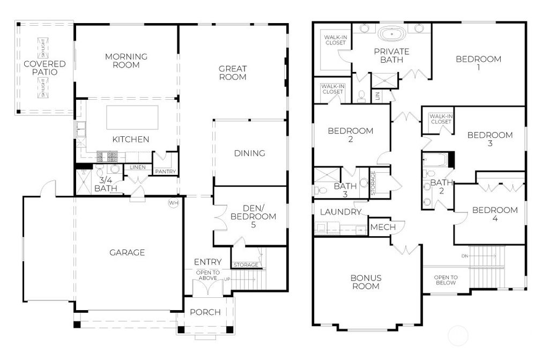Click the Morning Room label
tap(126, 61)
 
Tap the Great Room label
tap(233, 72)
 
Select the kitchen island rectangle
tap(132, 117)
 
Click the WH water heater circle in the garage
tap(173, 203)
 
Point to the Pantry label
tap(165, 172)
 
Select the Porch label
tap(205, 312)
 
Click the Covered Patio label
tap(44, 68)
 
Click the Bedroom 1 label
tap(478, 63)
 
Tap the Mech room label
tap(383, 227)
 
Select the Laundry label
tap(340, 212)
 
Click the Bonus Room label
tap(366, 282)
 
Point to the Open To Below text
tap(446, 280)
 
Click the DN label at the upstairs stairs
tap(464, 256)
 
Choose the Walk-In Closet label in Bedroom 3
tap(440, 119)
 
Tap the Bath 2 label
tap(438, 187)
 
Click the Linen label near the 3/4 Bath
tap(137, 167)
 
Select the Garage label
tap(127, 252)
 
